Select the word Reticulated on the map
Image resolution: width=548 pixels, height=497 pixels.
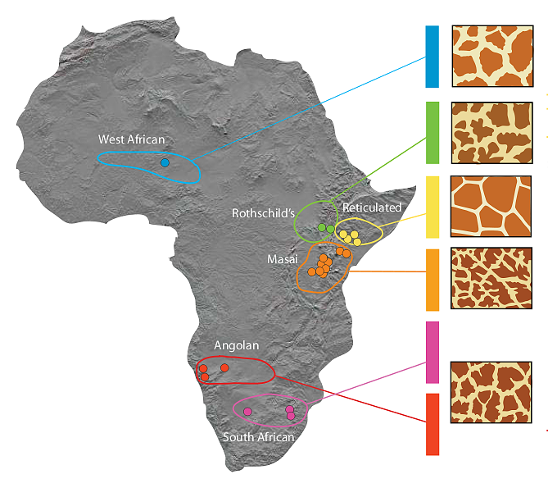pyautogui.click(x=372, y=207)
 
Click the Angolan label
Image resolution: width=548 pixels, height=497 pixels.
pyautogui.click(x=236, y=345)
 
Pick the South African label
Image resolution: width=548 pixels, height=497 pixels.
pyautogui.click(x=258, y=437)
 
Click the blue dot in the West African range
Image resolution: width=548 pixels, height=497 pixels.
pyautogui.click(x=165, y=162)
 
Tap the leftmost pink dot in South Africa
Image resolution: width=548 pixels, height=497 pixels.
pyautogui.click(x=247, y=411)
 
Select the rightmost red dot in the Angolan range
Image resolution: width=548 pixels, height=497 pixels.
pyautogui.click(x=224, y=368)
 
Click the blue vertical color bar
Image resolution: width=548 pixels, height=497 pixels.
pyautogui.click(x=432, y=57)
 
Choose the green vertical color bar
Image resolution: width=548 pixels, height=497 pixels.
pyautogui.click(x=432, y=133)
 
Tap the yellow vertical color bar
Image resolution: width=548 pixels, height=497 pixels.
pyautogui.click(x=432, y=207)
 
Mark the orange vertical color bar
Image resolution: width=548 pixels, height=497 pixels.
pyautogui.click(x=432, y=280)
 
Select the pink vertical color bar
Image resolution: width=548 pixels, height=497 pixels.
pyautogui.click(x=432, y=352)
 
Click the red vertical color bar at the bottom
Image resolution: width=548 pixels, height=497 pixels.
pyautogui.click(x=432, y=424)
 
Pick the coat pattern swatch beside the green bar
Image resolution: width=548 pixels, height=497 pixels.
pyautogui.click(x=491, y=133)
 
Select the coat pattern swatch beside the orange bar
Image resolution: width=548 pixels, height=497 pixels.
pyautogui.click(x=491, y=279)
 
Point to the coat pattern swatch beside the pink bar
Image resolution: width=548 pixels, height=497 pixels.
pyautogui.click(x=491, y=392)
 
